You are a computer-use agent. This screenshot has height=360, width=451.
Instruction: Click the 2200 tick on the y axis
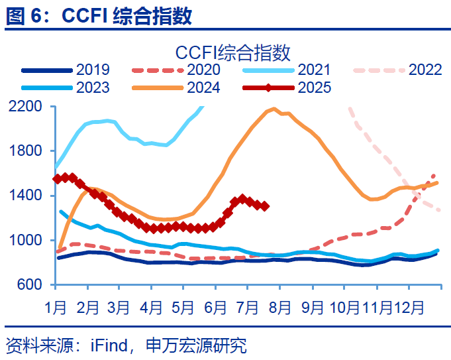tap(26, 106)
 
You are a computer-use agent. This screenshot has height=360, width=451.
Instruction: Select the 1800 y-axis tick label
tap(26, 150)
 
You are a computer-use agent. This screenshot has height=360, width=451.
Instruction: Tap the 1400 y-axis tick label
tap(26, 195)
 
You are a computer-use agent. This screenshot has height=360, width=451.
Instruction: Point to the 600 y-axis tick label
tap(30, 284)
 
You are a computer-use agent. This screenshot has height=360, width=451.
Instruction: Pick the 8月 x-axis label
tap(281, 308)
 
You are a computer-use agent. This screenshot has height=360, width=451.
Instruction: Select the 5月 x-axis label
tap(184, 308)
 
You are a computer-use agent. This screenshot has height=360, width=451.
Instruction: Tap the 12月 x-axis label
tap(411, 308)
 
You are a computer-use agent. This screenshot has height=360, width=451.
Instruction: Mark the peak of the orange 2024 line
tap(274, 109)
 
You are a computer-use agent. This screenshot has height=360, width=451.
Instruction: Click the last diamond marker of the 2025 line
tap(265, 206)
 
